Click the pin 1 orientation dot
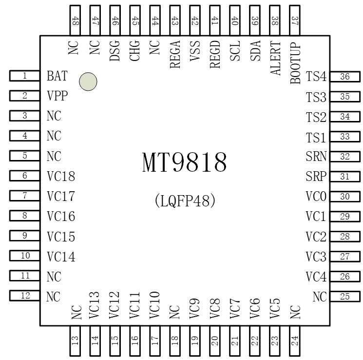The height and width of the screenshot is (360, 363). [x=88, y=81]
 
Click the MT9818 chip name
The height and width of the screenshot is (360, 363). [x=185, y=162]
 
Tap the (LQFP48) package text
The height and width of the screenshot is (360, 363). [x=185, y=200]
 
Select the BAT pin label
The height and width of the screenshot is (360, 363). [x=57, y=77]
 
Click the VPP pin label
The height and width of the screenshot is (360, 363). [x=57, y=96]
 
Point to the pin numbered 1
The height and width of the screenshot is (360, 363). [x=24, y=76]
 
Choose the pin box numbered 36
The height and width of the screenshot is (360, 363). [x=345, y=77]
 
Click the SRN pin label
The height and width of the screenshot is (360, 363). [x=316, y=157]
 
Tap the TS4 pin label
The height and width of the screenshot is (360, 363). [x=316, y=77]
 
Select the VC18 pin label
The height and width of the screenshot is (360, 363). [x=61, y=177]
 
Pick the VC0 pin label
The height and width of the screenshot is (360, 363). [x=316, y=197]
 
